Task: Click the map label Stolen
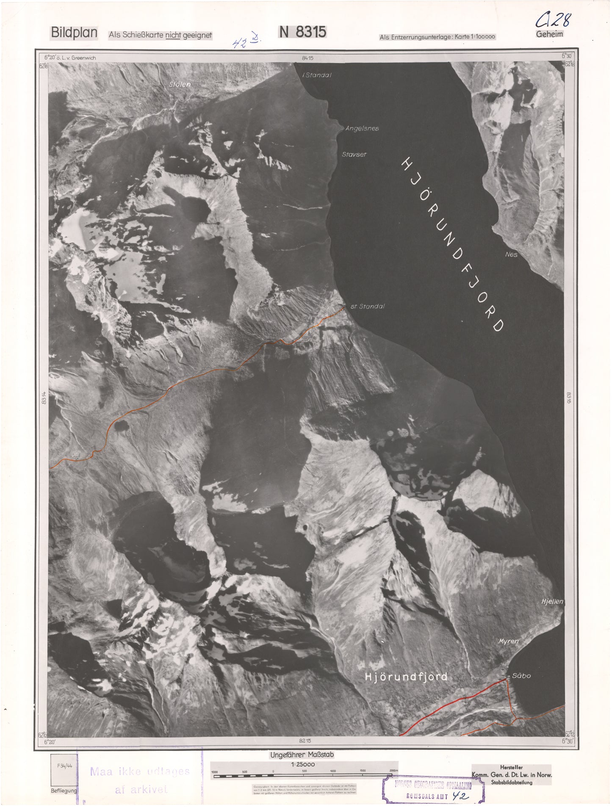180,84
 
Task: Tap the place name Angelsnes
362,128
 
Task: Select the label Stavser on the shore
354,155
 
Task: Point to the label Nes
511,254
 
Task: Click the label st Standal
367,306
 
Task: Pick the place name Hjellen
552,601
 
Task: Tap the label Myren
508,641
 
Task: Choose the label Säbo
521,676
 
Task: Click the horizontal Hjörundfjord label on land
406,677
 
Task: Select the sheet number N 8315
302,32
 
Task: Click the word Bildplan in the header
74,33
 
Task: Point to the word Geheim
549,34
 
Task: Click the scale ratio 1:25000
302,764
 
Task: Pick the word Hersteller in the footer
511,767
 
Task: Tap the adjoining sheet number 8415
308,58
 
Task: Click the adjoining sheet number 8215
305,741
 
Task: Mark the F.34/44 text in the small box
63,766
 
